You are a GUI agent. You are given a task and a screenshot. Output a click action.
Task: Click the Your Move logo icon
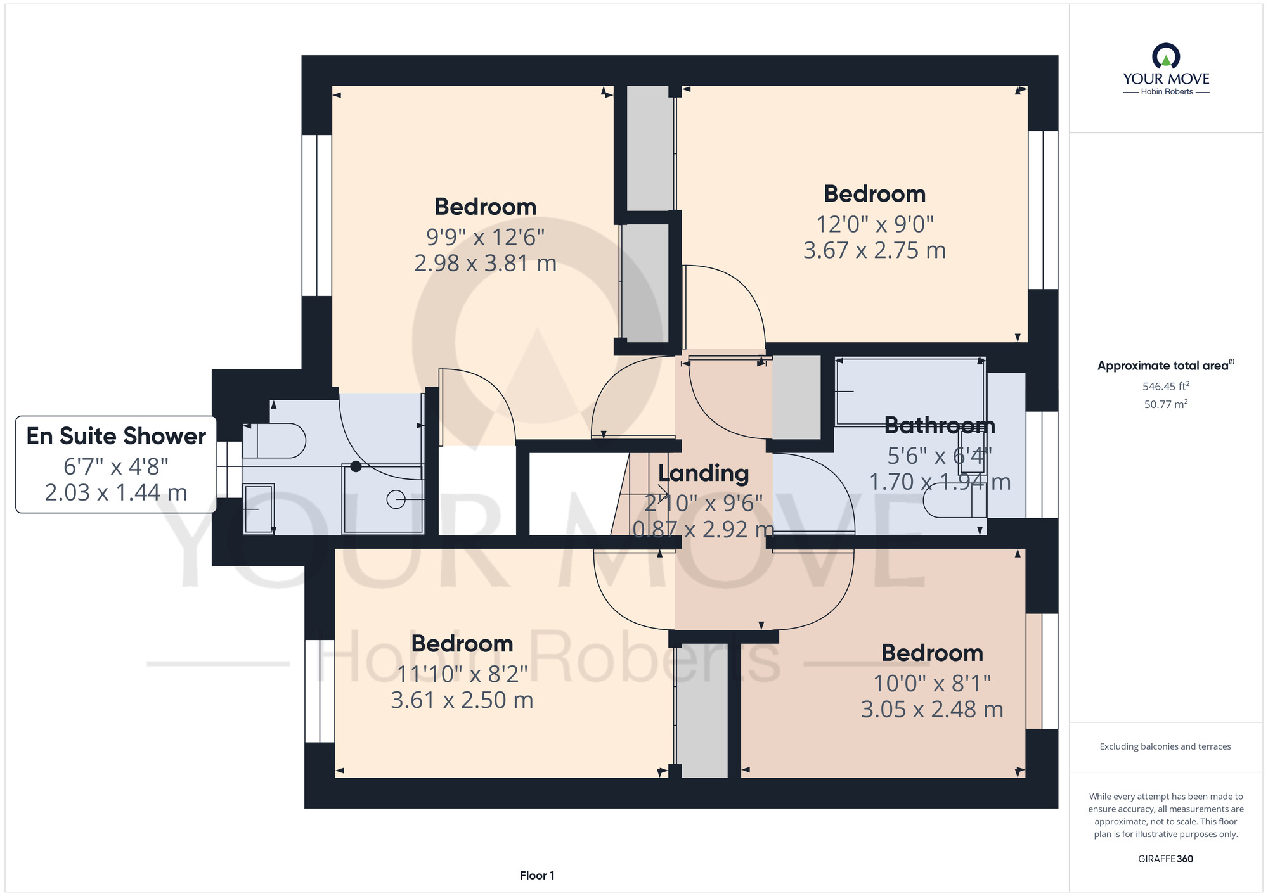coord(1166,56)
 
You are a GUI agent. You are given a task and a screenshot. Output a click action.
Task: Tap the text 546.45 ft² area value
coord(1165,386)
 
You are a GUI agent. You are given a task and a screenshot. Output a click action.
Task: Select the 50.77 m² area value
coord(1165,404)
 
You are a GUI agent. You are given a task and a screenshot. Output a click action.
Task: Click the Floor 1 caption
coord(537,875)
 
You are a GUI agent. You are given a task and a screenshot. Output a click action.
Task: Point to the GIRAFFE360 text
coord(1165,859)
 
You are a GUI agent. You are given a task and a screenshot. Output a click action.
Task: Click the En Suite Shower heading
coord(116,436)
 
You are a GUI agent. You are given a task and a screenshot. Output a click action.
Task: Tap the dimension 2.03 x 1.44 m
coord(116,492)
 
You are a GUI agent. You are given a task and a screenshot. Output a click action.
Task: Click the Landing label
coord(703,473)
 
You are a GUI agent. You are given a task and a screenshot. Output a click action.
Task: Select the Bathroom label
coord(939,425)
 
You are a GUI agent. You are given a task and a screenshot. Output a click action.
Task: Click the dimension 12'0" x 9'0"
coord(874,224)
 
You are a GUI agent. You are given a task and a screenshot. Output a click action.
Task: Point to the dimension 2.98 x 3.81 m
coord(485,263)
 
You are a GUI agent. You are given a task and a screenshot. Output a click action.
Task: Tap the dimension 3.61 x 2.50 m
coord(462,700)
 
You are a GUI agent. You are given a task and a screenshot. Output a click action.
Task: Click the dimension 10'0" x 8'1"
coord(931,683)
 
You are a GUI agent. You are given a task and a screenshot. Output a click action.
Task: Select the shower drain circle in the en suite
coord(396,500)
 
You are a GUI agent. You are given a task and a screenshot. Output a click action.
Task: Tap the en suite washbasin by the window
coord(258,508)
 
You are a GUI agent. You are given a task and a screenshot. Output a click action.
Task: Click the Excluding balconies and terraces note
coord(1165,746)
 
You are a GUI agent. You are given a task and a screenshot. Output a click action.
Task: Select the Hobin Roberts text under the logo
coord(1167,92)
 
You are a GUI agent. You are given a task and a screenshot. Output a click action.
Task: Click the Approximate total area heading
coord(1165,366)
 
